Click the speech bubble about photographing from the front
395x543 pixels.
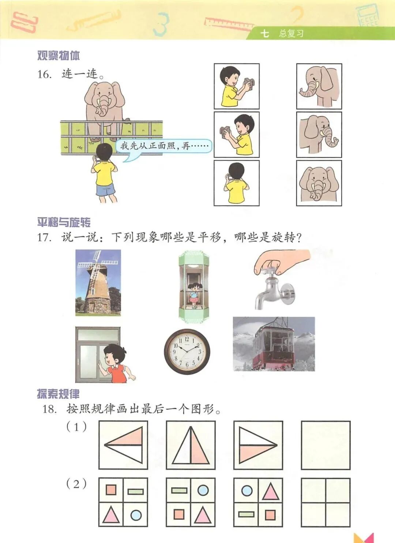click(x=164, y=147)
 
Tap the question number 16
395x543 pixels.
click(x=44, y=74)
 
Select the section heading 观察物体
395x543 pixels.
click(x=59, y=56)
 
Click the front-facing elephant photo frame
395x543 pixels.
click(x=319, y=183)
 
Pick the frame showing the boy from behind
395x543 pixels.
click(x=236, y=183)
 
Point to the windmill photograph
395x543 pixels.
click(x=98, y=282)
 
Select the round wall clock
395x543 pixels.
click(x=187, y=352)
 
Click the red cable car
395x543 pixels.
click(x=273, y=347)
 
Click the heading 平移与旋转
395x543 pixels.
click(x=64, y=222)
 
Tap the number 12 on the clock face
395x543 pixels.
click(x=187, y=339)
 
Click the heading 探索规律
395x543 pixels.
click(x=58, y=394)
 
